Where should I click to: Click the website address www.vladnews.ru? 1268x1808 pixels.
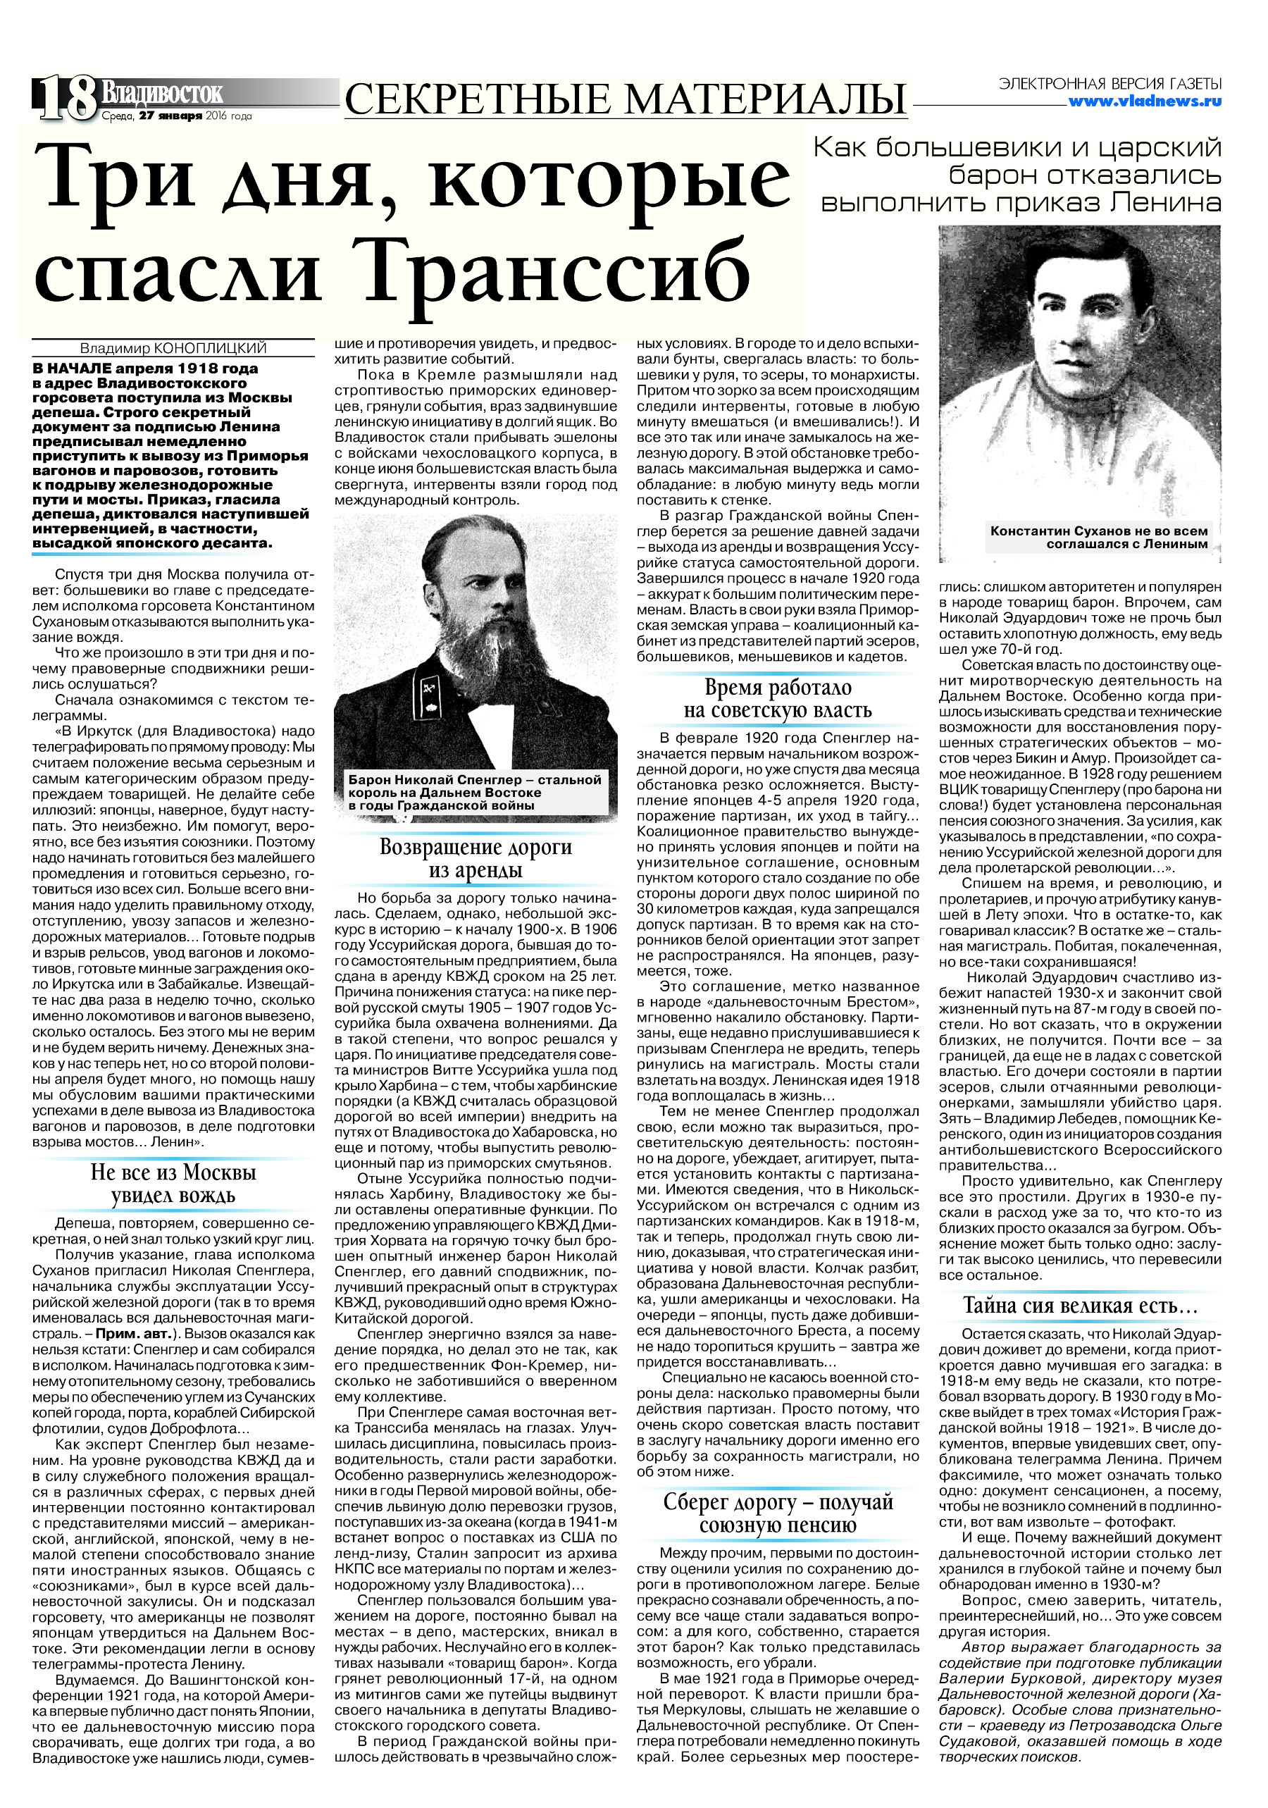pyautogui.click(x=1145, y=101)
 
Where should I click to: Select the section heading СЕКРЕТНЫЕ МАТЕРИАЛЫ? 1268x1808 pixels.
pyautogui.click(x=626, y=99)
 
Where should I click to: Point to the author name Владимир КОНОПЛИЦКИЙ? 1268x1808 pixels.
pyautogui.click(x=173, y=348)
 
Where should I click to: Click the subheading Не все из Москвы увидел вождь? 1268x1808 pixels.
pyautogui.click(x=173, y=1184)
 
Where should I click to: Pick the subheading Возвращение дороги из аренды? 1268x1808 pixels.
pyautogui.click(x=475, y=858)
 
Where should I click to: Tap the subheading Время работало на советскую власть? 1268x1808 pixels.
pyautogui.click(x=778, y=698)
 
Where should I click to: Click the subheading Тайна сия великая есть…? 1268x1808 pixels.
pyautogui.click(x=1080, y=1306)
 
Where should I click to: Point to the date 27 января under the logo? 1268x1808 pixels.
pyautogui.click(x=170, y=116)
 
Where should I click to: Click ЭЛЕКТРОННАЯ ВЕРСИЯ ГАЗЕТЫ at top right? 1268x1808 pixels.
pyautogui.click(x=1109, y=83)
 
